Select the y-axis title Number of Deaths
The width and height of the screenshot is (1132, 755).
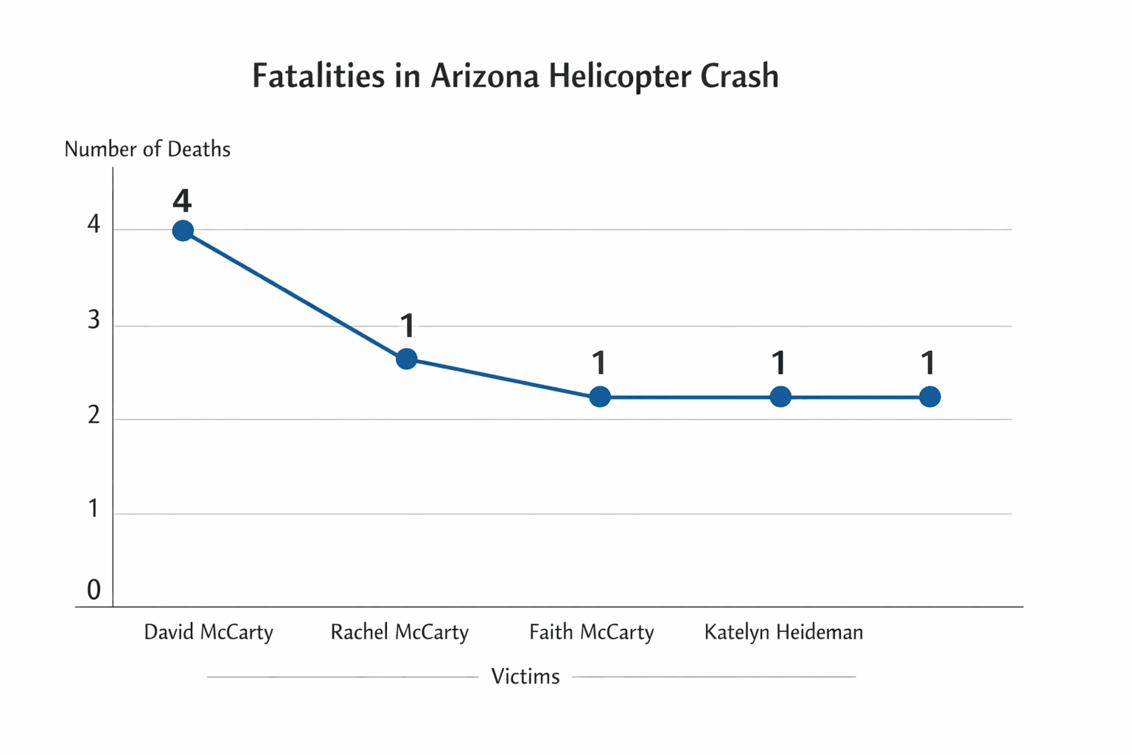click(x=147, y=150)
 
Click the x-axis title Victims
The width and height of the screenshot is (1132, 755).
click(x=525, y=677)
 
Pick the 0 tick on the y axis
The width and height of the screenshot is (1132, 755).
click(x=94, y=590)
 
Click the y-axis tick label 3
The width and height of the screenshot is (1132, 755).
click(x=94, y=321)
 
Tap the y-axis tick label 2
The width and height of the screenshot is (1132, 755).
click(x=94, y=416)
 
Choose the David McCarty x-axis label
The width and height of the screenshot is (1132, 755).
click(x=209, y=633)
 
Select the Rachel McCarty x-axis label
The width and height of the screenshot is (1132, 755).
click(x=399, y=633)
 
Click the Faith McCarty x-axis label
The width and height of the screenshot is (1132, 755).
click(x=592, y=633)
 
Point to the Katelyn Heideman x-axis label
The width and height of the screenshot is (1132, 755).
click(x=783, y=633)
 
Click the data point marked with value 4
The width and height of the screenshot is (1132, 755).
click(x=183, y=231)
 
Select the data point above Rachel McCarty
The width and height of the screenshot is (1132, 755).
click(x=406, y=359)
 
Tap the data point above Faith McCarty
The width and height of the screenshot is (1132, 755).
click(x=600, y=397)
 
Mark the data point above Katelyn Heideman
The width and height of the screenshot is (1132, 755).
click(x=780, y=397)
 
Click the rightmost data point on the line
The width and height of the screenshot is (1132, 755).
click(x=930, y=397)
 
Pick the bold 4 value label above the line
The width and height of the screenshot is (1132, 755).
click(x=182, y=201)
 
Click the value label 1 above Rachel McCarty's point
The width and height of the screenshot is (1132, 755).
click(x=408, y=325)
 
